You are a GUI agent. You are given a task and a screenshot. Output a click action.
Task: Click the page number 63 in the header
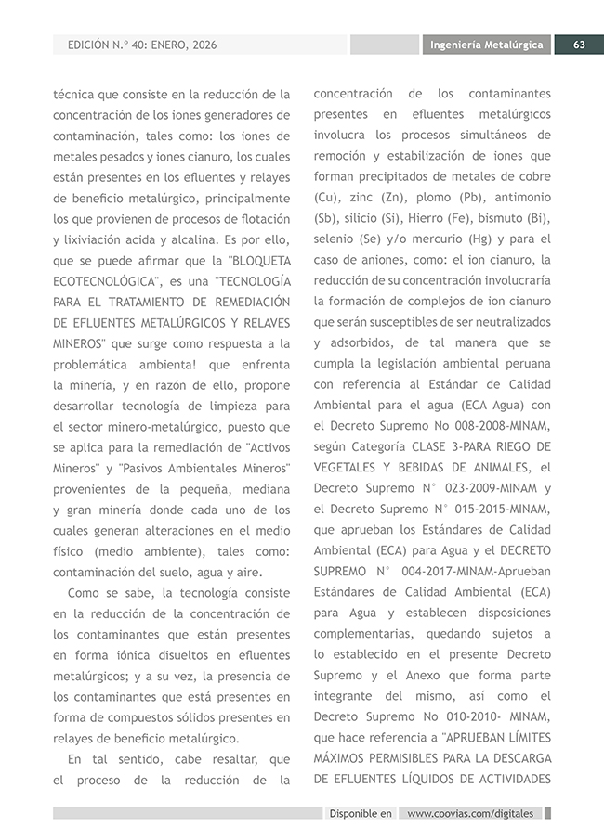(x=578, y=45)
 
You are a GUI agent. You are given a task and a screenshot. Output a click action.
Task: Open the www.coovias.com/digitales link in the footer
(x=471, y=813)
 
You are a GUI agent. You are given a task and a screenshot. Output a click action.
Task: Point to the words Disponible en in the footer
(x=361, y=813)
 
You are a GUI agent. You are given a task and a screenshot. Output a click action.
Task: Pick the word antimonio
(x=522, y=198)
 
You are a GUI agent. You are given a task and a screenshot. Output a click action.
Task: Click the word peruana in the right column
(x=526, y=364)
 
